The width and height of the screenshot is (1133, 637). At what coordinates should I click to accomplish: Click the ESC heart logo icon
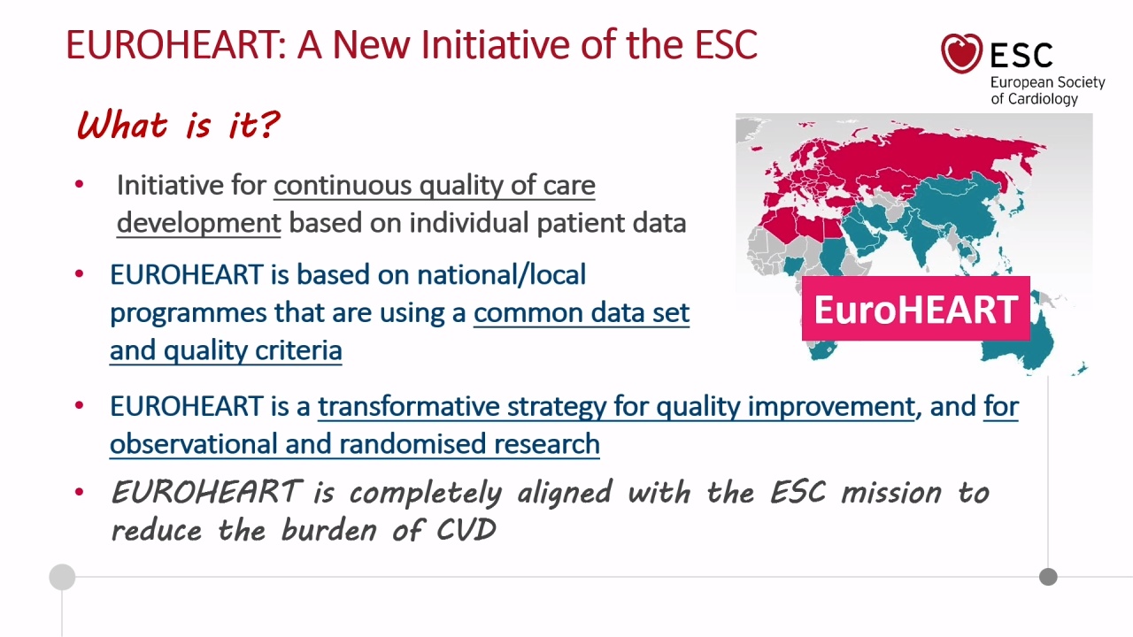[x=961, y=52]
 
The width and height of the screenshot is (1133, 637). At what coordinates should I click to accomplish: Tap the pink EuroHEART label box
[x=916, y=309]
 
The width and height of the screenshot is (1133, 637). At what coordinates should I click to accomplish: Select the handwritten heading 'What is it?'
[x=178, y=125]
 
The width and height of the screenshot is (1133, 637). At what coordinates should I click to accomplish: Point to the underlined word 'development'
[x=199, y=223]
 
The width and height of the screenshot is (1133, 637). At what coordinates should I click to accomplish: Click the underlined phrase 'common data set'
[x=582, y=312]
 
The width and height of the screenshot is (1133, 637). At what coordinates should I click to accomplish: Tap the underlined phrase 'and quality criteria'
[x=226, y=350]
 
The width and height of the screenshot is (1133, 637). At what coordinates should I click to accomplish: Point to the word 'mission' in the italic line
[x=891, y=493]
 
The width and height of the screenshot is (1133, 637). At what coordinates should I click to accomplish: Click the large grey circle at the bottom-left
[x=62, y=577]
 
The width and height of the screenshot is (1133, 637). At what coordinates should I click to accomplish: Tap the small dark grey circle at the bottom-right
[x=1048, y=577]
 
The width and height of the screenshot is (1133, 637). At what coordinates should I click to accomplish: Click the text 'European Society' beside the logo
[x=1047, y=82]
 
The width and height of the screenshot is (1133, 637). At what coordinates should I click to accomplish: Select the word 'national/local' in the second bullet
[x=501, y=275]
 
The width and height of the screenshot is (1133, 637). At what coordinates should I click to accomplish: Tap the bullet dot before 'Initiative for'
[x=79, y=184]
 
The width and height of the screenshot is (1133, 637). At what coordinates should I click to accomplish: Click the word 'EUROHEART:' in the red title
[x=176, y=44]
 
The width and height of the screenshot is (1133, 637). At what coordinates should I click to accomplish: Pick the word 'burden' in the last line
[x=328, y=530]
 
